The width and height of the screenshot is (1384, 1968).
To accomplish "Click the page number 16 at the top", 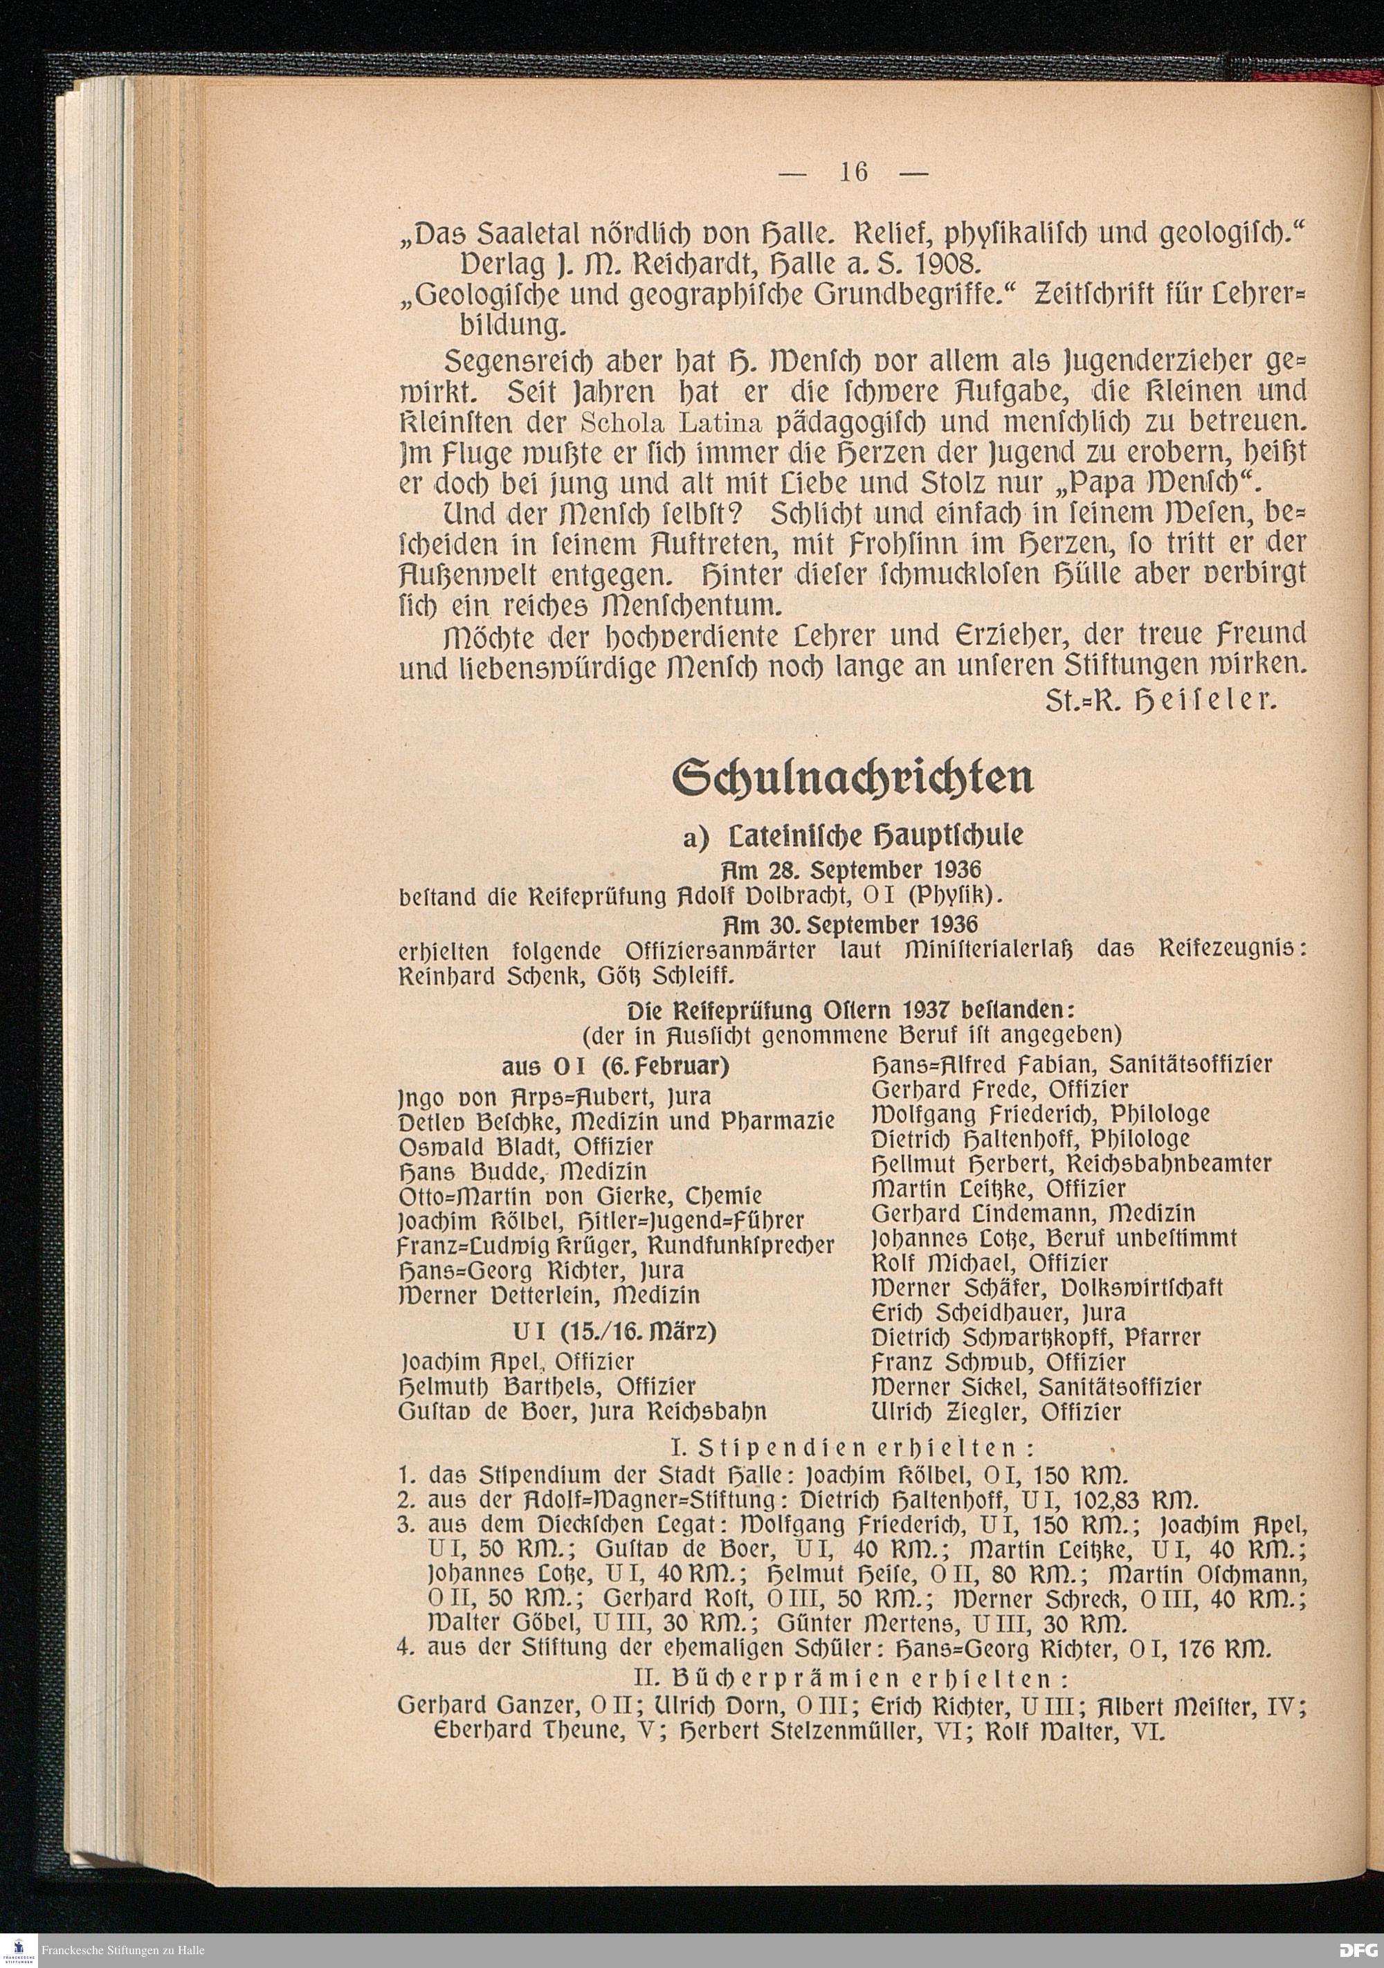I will tap(855, 172).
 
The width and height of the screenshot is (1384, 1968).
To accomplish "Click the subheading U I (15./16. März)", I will tap(614, 1333).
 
